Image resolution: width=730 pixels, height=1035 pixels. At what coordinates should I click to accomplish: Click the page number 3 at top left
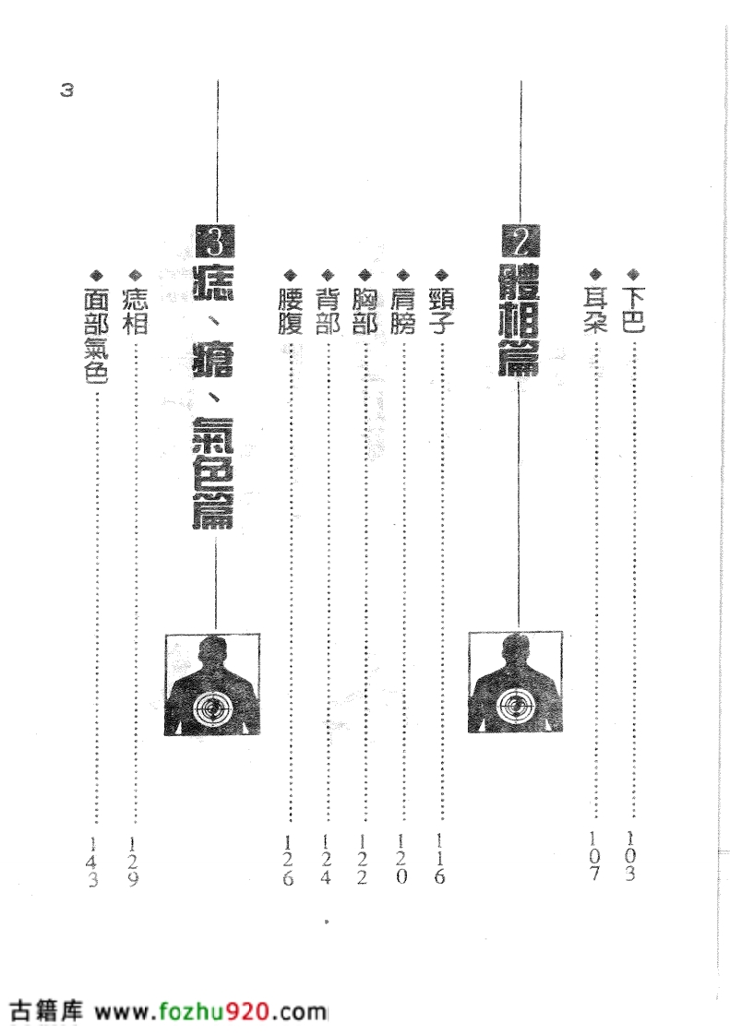pos(66,90)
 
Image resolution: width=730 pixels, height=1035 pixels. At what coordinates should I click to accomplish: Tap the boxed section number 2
pos(521,242)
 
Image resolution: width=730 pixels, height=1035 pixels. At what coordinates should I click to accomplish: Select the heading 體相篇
pos(520,321)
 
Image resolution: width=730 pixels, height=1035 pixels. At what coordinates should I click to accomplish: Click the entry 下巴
pos(633,310)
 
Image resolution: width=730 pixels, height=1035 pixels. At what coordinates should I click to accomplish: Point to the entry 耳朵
pos(594,310)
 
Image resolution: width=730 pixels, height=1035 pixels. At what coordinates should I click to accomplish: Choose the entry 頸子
pos(441,310)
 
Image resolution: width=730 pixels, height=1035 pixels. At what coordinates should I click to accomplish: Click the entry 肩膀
pos(403,310)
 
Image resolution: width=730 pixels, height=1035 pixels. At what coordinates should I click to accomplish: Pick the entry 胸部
pos(365,310)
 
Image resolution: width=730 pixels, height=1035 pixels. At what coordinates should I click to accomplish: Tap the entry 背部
pos(328,310)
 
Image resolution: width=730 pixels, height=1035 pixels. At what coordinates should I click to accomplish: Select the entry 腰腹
pos(290,310)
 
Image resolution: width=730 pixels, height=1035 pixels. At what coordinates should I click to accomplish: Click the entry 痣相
pos(136,310)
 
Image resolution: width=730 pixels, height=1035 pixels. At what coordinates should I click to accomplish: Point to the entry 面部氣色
pos(97,335)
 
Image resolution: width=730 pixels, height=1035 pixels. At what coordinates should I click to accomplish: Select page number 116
pos(439,858)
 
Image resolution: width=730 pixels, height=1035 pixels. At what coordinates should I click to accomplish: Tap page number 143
pos(93,862)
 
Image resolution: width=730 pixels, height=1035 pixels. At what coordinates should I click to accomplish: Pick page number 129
pos(133,862)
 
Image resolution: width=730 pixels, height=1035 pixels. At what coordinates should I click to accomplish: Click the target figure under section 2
pos(515,683)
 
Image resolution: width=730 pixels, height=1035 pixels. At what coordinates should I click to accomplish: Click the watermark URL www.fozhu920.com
pos(210,1012)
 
